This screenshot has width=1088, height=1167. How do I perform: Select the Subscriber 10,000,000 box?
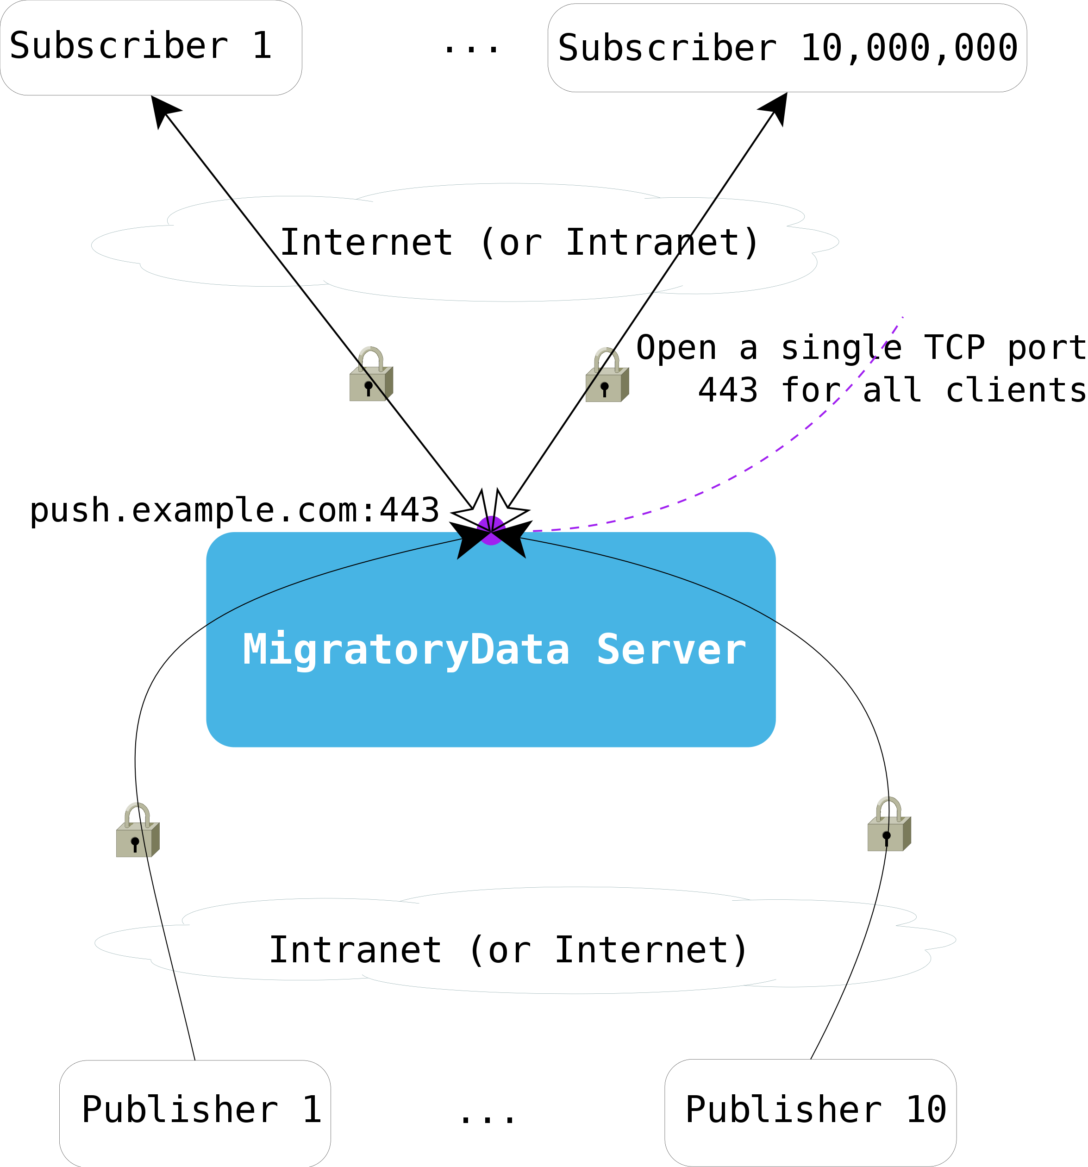[787, 48]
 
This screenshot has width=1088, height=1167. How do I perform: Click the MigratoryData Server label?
[494, 649]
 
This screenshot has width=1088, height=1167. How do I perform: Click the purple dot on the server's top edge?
[491, 530]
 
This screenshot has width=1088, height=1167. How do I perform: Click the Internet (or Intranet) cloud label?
[519, 243]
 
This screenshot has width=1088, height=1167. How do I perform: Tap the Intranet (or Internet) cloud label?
[508, 950]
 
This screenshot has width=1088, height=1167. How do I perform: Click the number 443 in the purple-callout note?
[728, 390]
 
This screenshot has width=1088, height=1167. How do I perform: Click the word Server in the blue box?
[671, 649]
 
